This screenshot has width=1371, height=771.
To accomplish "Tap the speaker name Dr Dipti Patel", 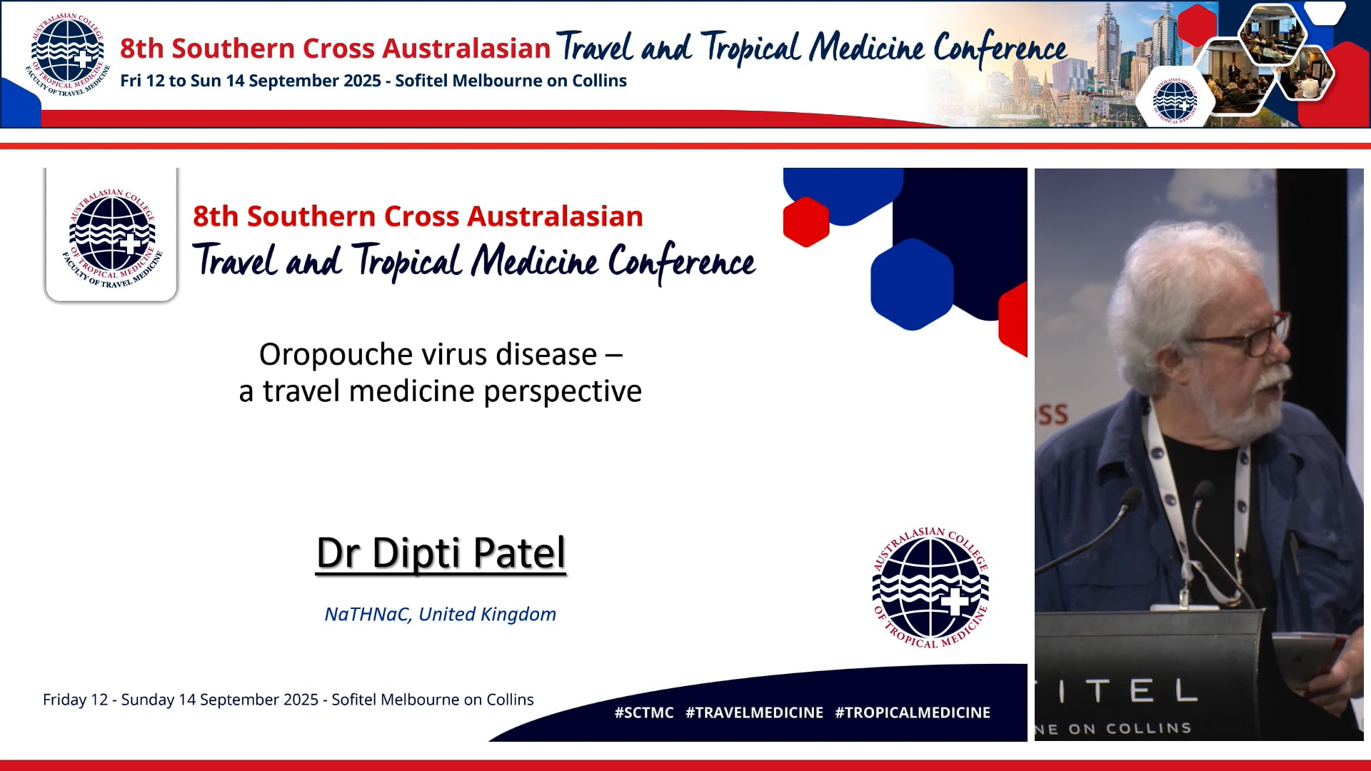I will (441, 553).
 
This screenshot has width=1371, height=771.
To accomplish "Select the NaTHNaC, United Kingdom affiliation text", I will (440, 614).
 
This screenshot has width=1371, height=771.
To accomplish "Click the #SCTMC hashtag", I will (643, 712).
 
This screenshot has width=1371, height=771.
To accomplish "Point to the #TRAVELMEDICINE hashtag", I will (754, 712).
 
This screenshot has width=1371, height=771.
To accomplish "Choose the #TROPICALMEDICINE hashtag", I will (913, 712).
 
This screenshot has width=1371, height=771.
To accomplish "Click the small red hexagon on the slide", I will (806, 221).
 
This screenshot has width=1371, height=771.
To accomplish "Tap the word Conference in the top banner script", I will (1000, 49).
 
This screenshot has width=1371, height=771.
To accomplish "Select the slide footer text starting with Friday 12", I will (288, 700).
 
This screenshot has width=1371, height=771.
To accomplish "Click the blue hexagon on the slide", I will (912, 284).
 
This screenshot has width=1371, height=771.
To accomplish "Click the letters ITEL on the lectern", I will (1128, 691).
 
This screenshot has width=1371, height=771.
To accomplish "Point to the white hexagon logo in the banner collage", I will (1175, 100).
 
